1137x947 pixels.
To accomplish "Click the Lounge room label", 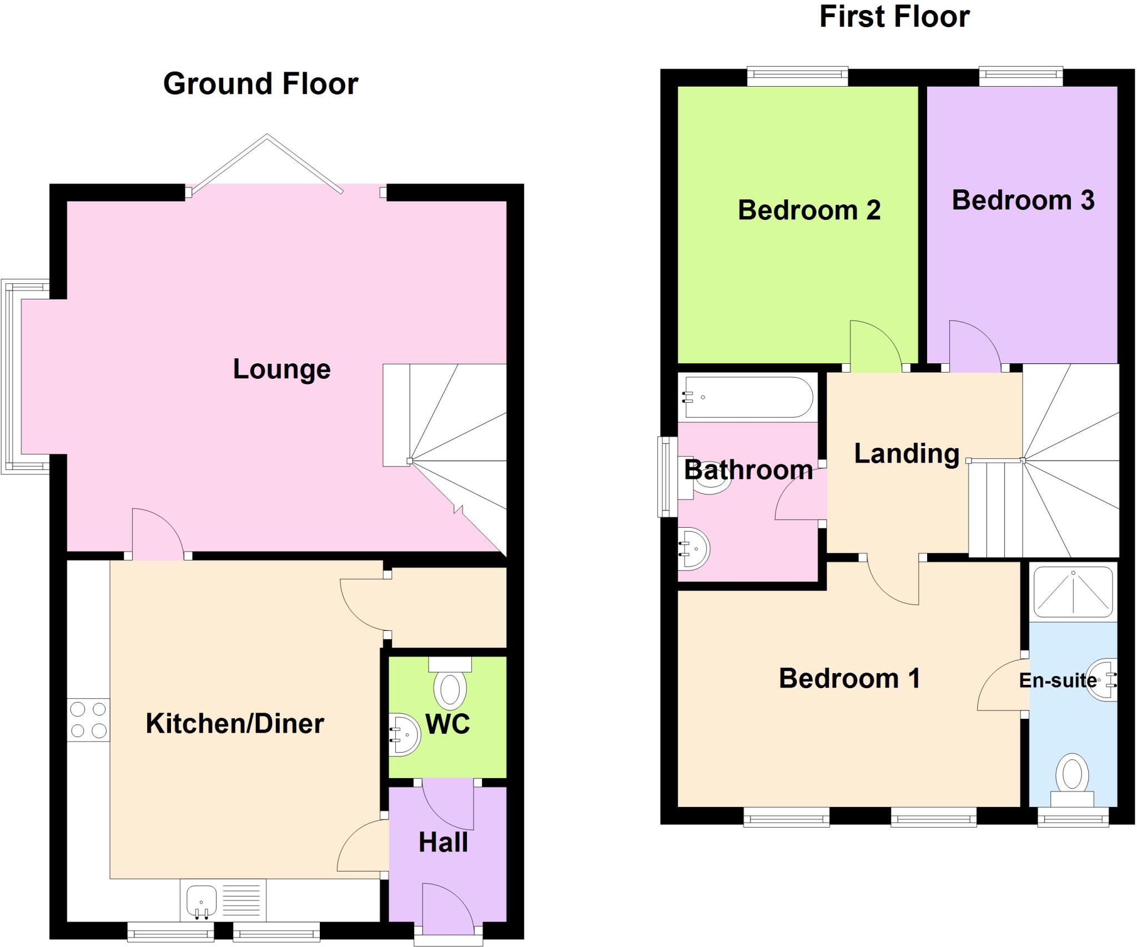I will point(281,369).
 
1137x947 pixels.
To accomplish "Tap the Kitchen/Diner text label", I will point(235,724).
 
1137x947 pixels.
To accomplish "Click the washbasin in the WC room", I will point(405,734).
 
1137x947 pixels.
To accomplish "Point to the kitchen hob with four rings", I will point(89,720).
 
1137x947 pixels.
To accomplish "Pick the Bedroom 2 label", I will point(809,211).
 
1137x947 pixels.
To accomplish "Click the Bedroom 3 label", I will point(1023,201).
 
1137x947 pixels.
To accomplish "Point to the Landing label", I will point(907,454).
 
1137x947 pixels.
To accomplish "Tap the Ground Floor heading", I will point(260,84).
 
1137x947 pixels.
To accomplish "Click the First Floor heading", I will point(894,17).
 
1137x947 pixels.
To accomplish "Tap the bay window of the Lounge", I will point(12,377).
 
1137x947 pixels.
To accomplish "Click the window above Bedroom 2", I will point(797,76).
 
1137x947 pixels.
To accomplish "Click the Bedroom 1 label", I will point(849,679).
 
